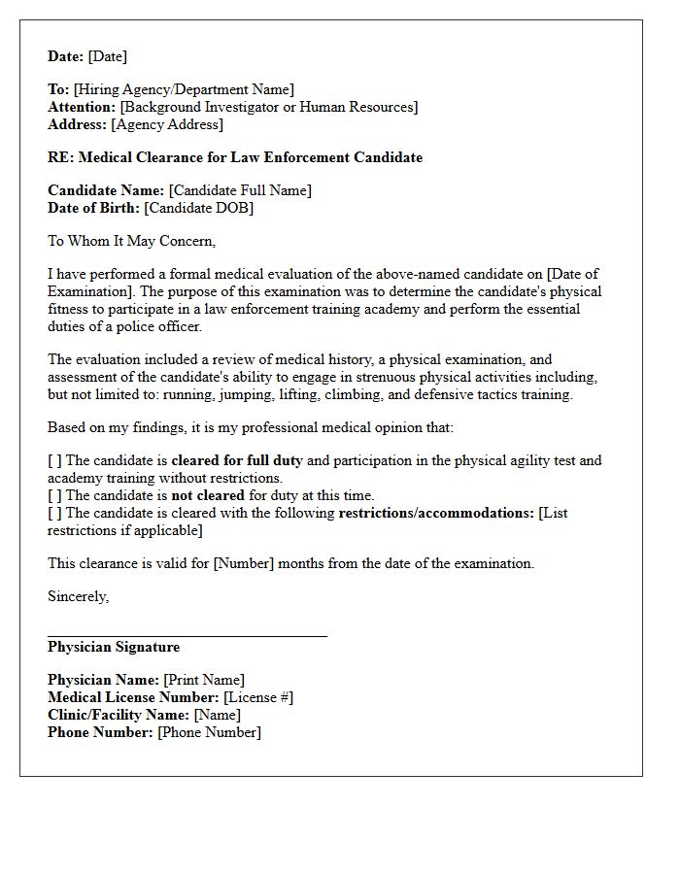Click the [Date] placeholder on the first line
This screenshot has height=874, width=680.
(x=107, y=56)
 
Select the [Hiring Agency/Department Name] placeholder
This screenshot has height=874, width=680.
(x=184, y=89)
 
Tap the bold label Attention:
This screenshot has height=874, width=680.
(x=82, y=107)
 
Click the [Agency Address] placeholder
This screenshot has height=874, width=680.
(x=167, y=124)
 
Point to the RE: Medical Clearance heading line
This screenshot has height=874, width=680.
(x=235, y=157)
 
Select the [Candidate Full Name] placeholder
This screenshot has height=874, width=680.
(x=240, y=190)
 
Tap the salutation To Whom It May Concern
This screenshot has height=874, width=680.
(x=131, y=241)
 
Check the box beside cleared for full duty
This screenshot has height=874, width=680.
(x=54, y=460)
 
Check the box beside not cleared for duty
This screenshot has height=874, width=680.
(x=54, y=495)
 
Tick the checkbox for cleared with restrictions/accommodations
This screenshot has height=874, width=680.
(x=54, y=513)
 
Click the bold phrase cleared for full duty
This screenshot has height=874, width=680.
(x=237, y=460)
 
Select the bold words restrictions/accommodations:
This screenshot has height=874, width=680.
(x=436, y=513)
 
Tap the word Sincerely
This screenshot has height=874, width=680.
(x=78, y=596)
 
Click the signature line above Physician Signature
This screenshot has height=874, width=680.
(x=187, y=636)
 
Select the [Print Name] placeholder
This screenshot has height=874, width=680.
(x=204, y=680)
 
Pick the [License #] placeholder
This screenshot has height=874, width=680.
(x=257, y=697)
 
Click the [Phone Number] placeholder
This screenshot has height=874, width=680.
(x=209, y=732)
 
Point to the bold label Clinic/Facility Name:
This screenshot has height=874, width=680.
(x=119, y=715)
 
